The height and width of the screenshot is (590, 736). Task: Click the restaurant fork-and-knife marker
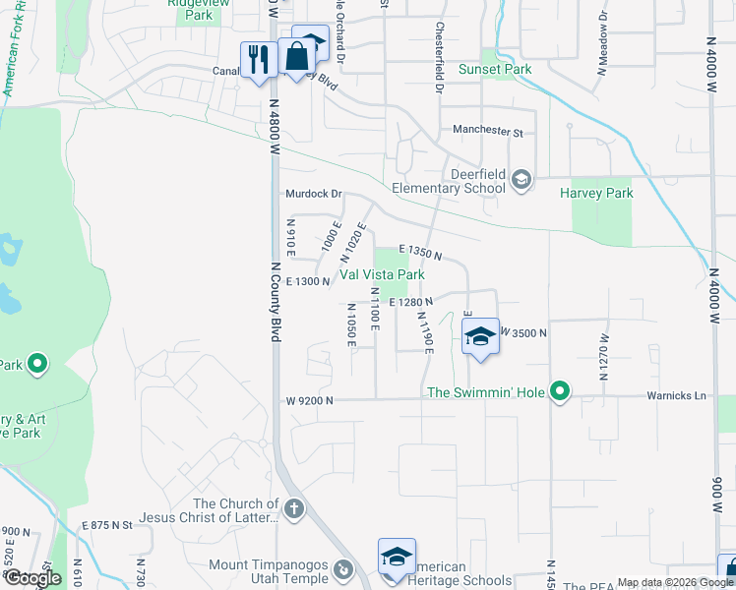pyautogui.click(x=259, y=59)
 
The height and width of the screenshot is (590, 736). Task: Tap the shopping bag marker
pyautogui.click(x=296, y=56)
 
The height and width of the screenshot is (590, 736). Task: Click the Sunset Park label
pyautogui.click(x=495, y=70)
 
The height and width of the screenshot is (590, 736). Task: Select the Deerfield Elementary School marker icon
pyautogui.click(x=521, y=178)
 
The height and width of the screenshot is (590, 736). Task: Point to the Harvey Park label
pyautogui.click(x=596, y=194)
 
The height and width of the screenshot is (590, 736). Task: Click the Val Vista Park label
pyautogui.click(x=383, y=275)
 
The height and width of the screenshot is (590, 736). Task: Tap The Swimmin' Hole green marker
pyautogui.click(x=560, y=392)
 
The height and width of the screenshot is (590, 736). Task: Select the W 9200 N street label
pyautogui.click(x=310, y=401)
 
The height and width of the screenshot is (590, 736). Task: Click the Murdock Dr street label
pyautogui.click(x=312, y=195)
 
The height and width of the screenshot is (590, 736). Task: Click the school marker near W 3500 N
pyautogui.click(x=479, y=336)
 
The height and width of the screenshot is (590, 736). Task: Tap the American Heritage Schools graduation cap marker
pyautogui.click(x=397, y=557)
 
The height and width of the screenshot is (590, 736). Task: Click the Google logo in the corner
pyautogui.click(x=32, y=578)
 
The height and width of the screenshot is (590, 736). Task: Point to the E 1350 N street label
pyautogui.click(x=418, y=253)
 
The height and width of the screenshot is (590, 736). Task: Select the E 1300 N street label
pyautogui.click(x=306, y=282)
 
